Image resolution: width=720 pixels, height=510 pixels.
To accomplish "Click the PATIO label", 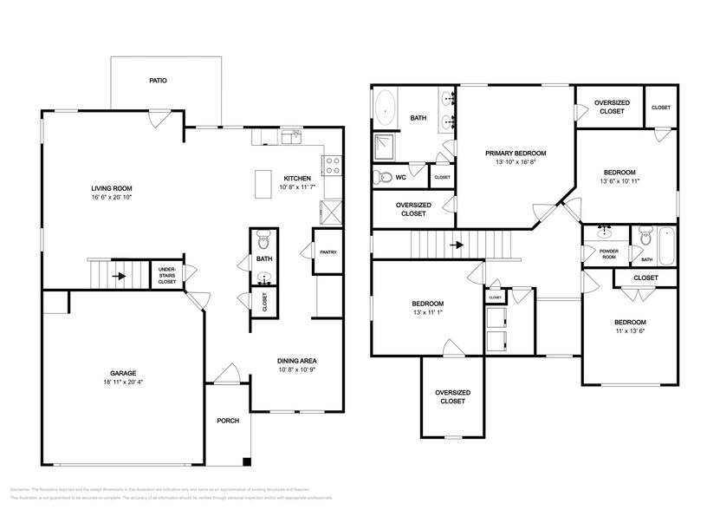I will (158, 80).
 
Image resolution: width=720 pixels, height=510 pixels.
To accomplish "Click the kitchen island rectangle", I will (263, 183).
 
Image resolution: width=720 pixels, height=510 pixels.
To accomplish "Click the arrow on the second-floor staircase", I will (454, 245).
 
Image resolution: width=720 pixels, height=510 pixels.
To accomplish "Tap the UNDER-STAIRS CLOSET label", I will (166, 276).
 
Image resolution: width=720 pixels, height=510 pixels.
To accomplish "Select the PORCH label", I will (228, 420).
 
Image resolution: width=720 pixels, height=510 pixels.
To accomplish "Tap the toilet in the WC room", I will (382, 177).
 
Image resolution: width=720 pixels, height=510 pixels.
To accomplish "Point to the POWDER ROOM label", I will (608, 254).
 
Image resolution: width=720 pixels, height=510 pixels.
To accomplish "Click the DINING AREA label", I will (295, 361).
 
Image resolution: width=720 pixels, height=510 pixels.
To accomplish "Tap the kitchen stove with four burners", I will (332, 166).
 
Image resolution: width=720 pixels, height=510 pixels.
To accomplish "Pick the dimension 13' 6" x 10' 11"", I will (619, 180).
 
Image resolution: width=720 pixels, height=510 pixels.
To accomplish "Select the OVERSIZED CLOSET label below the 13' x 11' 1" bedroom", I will (451, 397).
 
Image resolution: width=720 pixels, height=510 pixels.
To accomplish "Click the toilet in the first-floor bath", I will (265, 239).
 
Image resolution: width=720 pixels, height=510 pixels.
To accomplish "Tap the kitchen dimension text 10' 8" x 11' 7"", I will (295, 186).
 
